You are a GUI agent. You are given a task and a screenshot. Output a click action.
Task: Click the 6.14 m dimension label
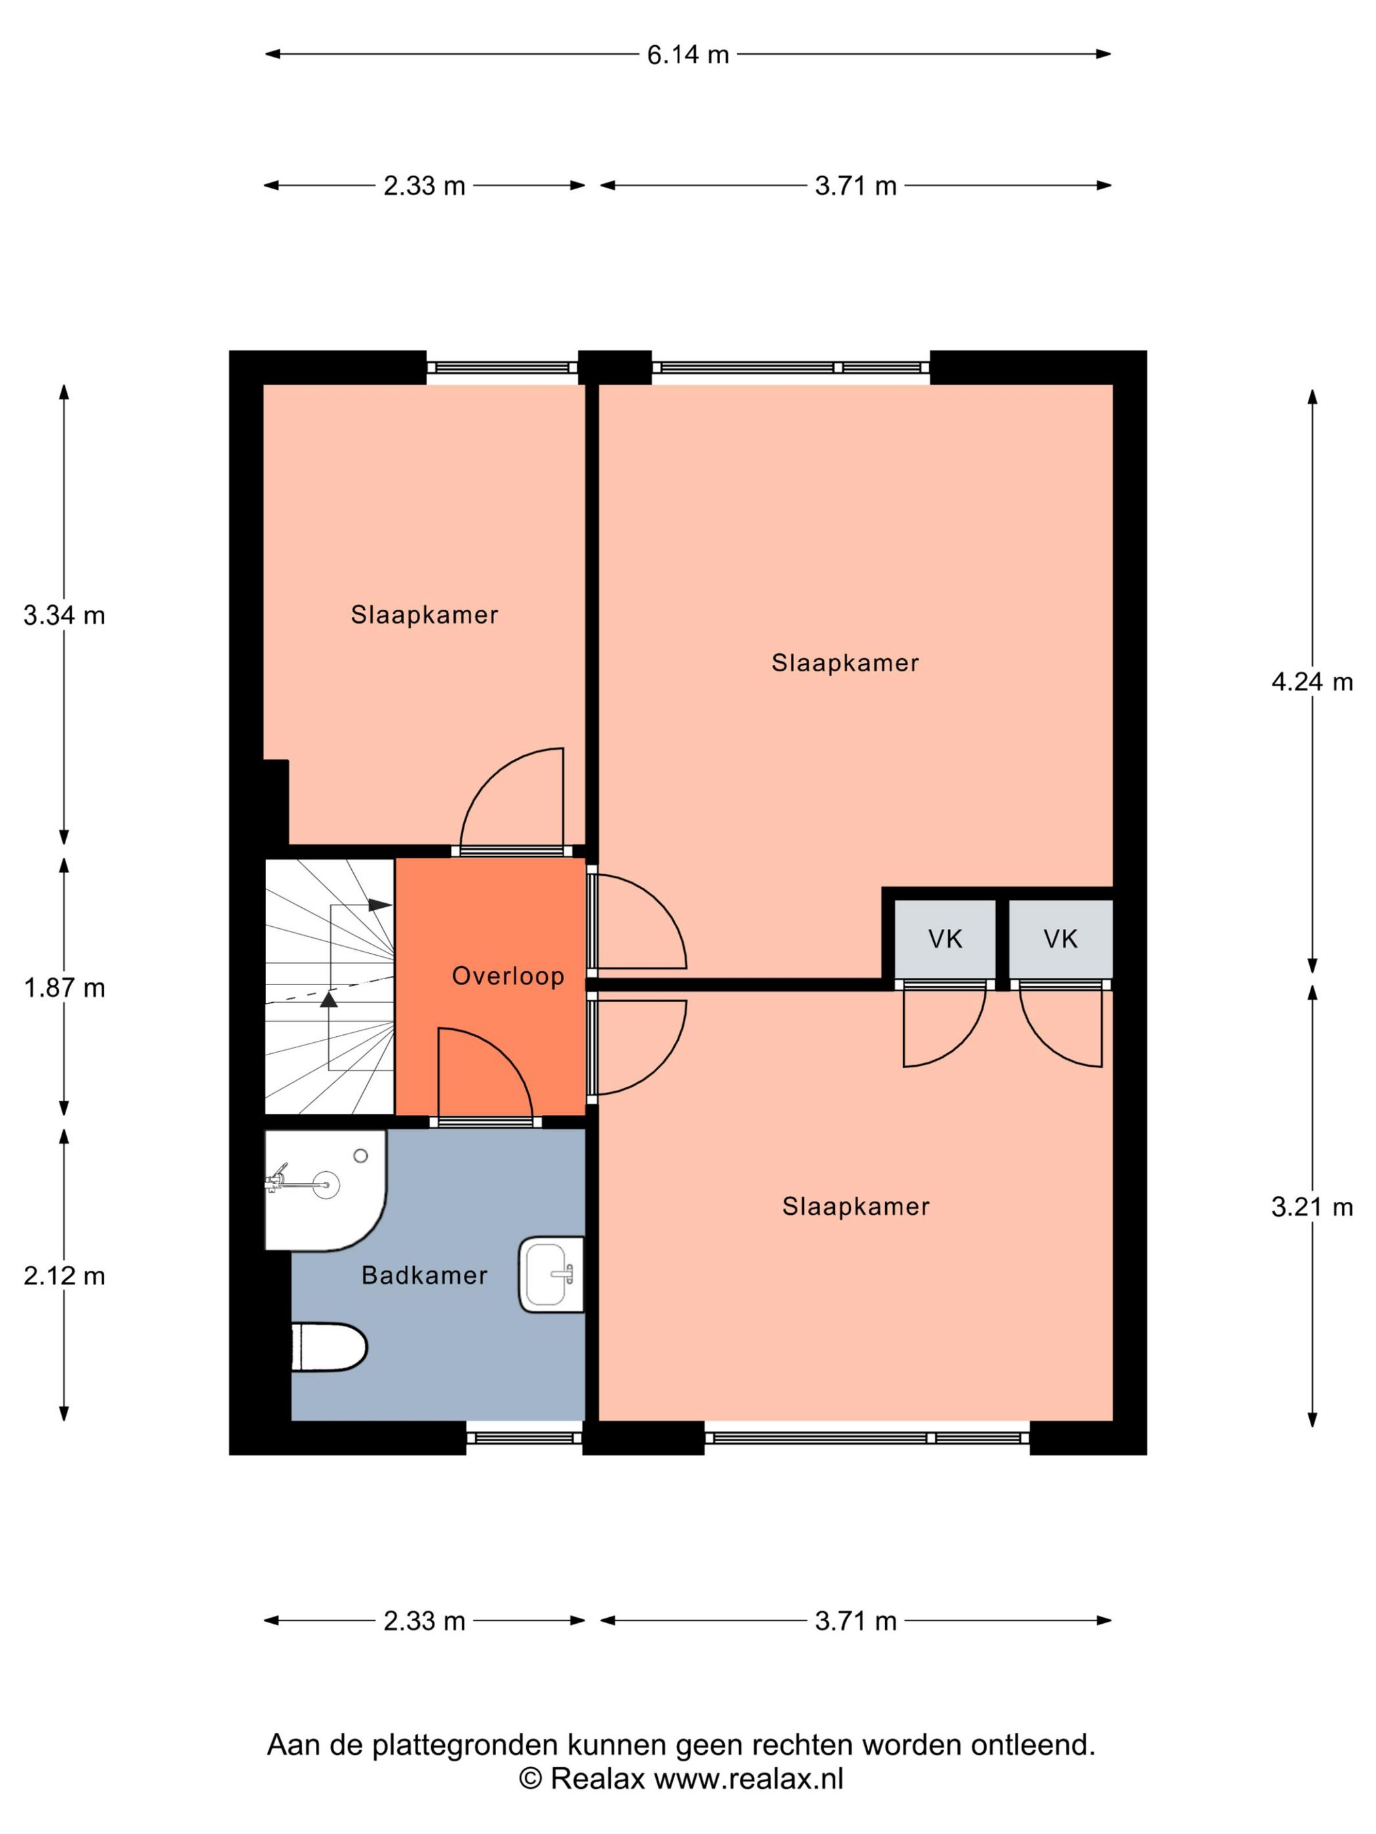click(x=687, y=55)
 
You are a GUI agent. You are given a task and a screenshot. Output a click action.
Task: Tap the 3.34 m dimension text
click(x=64, y=615)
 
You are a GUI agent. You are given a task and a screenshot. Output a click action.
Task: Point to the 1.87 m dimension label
click(x=64, y=988)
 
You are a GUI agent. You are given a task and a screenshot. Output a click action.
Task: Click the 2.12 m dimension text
click(x=64, y=1276)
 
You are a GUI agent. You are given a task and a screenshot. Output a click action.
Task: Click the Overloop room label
click(x=508, y=976)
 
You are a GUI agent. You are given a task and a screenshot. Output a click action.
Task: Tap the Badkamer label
click(x=424, y=1275)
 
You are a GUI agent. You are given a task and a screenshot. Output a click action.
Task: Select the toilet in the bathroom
click(x=330, y=1347)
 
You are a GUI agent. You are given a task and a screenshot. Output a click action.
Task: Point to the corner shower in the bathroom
click(x=324, y=1188)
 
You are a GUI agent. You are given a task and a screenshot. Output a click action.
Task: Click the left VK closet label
click(x=945, y=939)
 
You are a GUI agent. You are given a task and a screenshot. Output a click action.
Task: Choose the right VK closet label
click(x=1060, y=939)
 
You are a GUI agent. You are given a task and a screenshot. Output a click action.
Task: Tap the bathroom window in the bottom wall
click(x=524, y=1438)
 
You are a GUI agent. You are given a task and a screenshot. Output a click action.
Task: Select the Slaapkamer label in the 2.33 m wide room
click(x=424, y=615)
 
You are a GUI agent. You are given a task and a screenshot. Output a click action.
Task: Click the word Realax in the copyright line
click(x=597, y=1779)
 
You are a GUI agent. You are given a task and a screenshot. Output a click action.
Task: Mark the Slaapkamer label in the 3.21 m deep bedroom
click(x=855, y=1207)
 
